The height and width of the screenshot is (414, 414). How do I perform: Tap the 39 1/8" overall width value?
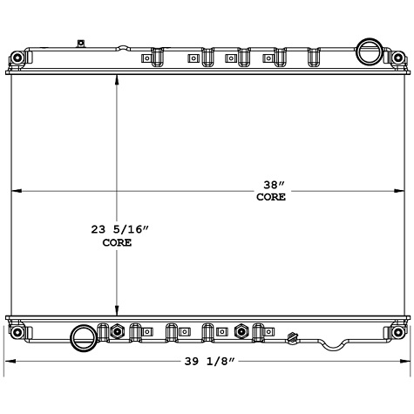(x=207, y=361)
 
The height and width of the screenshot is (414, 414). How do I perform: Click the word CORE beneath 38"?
(x=270, y=198)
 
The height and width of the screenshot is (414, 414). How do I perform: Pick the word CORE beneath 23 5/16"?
(x=117, y=243)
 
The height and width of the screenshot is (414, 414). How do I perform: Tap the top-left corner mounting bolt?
(x=17, y=59)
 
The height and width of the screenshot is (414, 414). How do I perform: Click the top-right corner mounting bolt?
(x=397, y=59)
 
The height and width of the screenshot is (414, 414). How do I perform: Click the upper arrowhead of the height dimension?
(x=117, y=81)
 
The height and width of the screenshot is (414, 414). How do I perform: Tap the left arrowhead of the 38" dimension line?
(x=15, y=192)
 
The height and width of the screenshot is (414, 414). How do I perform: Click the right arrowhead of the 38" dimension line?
(x=399, y=192)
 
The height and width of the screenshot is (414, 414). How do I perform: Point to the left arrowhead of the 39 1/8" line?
(x=10, y=361)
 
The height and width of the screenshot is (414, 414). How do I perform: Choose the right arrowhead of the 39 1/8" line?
(x=404, y=361)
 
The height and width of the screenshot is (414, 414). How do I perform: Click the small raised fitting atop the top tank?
(x=80, y=42)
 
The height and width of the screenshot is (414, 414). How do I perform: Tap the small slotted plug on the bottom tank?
(x=293, y=336)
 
